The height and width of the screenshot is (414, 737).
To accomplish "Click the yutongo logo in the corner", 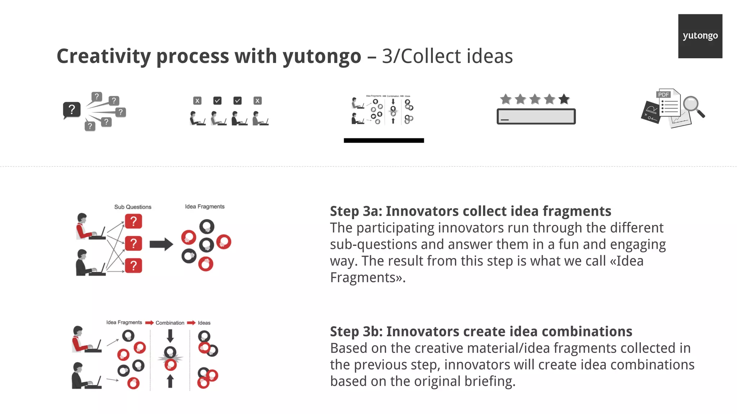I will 700,36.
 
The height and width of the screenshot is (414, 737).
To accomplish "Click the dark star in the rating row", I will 564,99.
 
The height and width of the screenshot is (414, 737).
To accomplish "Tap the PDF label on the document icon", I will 663,95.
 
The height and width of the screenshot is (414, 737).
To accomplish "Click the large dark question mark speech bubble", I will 72,109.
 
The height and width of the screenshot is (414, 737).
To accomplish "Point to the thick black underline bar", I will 384,141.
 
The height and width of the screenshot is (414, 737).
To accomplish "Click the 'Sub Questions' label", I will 133,207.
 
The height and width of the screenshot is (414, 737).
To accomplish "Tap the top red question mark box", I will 134,221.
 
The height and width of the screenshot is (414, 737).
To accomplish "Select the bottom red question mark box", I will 134,266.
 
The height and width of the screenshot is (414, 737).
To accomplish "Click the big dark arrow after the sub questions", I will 161,244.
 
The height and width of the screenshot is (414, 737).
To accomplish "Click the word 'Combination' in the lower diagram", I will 170,323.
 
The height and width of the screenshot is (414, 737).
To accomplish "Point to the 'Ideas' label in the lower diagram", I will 204,323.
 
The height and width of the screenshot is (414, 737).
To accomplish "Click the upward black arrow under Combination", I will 170,381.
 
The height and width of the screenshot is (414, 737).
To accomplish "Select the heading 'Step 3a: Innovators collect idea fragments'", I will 470,211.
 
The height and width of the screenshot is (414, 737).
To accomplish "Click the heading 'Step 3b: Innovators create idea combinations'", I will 481,331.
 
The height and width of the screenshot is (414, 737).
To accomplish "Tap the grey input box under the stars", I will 536,116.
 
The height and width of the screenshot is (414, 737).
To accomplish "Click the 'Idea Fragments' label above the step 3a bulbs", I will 205,207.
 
